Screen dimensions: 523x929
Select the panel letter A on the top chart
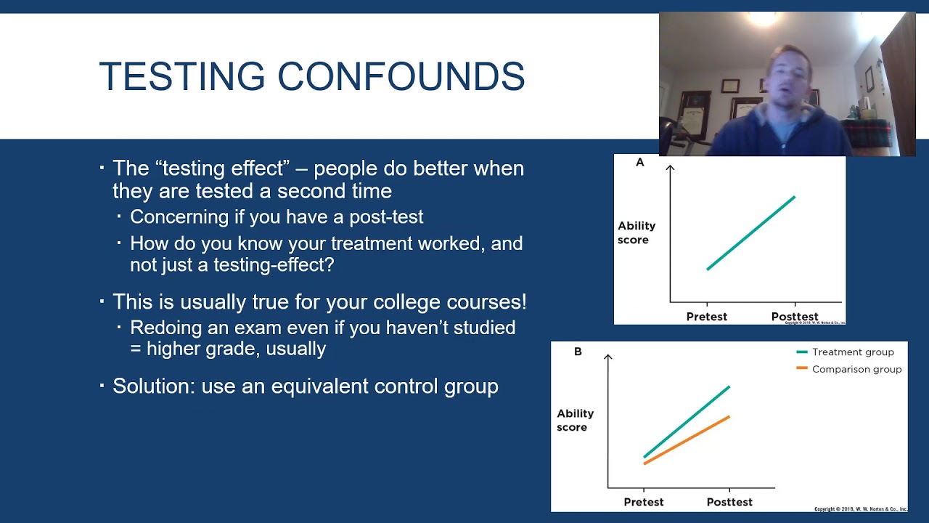(639, 163)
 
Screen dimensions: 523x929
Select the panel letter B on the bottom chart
(578, 352)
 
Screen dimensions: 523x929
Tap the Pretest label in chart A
(706, 317)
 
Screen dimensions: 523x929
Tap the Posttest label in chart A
(794, 317)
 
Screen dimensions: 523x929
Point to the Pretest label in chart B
(643, 502)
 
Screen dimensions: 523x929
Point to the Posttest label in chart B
(729, 502)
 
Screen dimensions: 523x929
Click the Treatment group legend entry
(852, 352)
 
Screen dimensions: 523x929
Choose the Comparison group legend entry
(856, 369)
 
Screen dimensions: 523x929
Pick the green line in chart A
(751, 232)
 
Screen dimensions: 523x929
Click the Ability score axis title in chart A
(637, 232)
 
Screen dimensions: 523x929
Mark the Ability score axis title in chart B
(575, 420)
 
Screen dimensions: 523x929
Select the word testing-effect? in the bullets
(274, 265)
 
